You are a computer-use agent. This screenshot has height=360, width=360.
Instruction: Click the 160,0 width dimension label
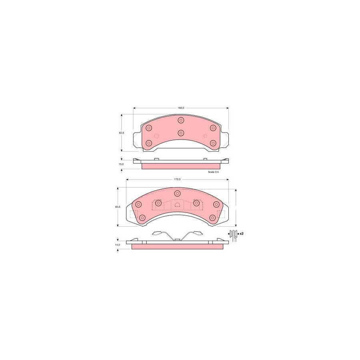point(180,108)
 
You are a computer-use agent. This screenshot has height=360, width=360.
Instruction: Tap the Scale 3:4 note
point(214,172)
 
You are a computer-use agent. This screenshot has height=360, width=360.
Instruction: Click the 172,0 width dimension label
point(178,180)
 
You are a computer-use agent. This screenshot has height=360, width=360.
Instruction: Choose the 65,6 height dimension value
point(118,207)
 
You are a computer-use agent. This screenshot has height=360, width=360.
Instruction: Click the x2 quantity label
point(241,233)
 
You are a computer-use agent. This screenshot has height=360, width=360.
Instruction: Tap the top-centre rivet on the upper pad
point(181,120)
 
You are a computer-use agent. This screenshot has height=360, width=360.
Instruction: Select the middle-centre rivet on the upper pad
point(181,133)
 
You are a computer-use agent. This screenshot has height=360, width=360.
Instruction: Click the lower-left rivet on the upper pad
point(149,143)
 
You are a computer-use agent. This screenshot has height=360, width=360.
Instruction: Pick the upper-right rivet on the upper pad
point(213,128)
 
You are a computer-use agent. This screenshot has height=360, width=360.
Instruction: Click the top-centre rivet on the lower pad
point(177,194)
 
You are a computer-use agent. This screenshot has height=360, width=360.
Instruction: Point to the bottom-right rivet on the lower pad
point(213,218)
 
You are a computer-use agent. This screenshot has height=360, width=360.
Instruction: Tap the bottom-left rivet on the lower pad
point(141,218)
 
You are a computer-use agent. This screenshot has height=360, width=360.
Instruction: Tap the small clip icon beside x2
point(233,234)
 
